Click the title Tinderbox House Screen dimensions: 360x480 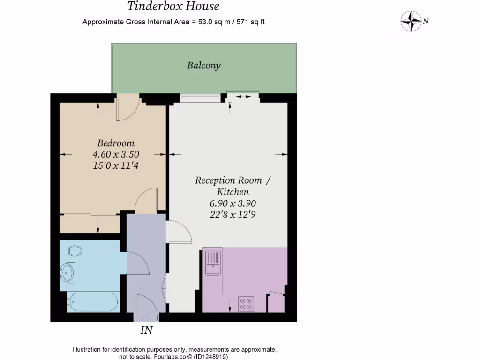[x=173, y=7]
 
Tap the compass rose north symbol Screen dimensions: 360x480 [x=411, y=21]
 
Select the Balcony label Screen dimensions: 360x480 [x=203, y=66]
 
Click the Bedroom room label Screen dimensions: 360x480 [x=116, y=143]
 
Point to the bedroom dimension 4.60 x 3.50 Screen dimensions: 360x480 [x=116, y=154]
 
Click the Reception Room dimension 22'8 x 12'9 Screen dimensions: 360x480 [x=232, y=214]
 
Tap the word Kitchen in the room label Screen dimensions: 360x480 [x=232, y=192]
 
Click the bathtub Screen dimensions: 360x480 [x=92, y=301]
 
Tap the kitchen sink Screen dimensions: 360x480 [x=213, y=262]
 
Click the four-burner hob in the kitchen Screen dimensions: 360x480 [x=246, y=304]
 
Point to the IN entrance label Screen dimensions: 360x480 [x=147, y=330]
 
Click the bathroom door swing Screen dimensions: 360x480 [x=137, y=263]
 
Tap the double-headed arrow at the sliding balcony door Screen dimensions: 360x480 [x=242, y=96]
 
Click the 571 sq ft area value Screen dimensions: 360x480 [x=250, y=22]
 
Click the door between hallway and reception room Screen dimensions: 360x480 [x=180, y=231]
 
